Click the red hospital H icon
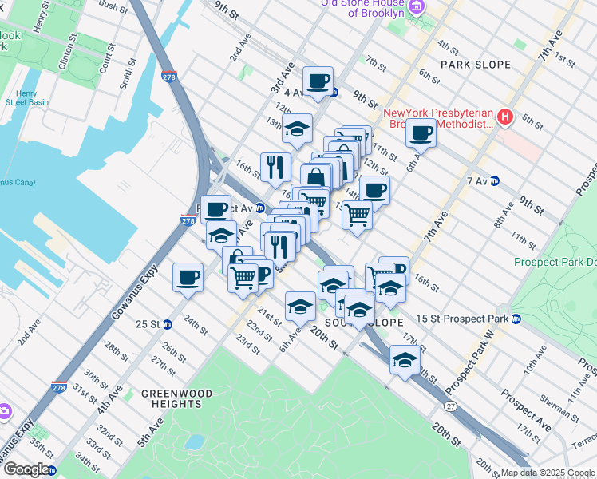click(x=504, y=117)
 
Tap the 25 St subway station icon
click(x=167, y=324)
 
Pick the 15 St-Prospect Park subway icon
click(x=516, y=319)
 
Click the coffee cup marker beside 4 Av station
click(x=318, y=81)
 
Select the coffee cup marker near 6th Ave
click(x=420, y=132)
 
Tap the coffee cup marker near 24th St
click(x=188, y=277)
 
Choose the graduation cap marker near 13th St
click(x=298, y=128)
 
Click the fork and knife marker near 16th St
click(x=275, y=166)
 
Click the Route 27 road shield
click(x=452, y=385)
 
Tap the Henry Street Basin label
click(x=26, y=97)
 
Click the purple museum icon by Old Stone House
click(x=416, y=7)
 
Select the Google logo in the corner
click(x=26, y=469)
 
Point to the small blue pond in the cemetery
click(x=193, y=441)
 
